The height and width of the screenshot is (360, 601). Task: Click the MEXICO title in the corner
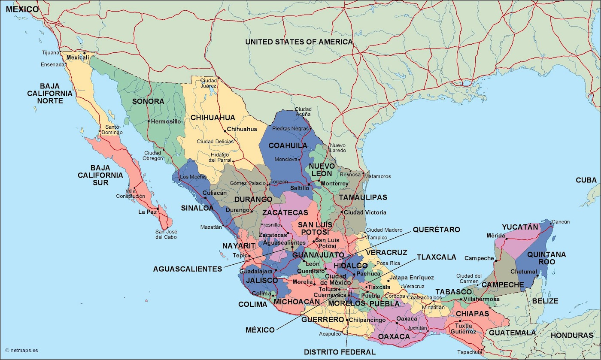pyautogui.click(x=22, y=9)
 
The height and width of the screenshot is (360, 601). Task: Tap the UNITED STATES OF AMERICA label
pyautogui.click(x=299, y=42)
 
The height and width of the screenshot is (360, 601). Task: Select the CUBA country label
pyautogui.click(x=586, y=180)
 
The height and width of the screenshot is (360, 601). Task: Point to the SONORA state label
pyautogui.click(x=148, y=101)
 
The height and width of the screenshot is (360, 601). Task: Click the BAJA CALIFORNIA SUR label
pyautogui.click(x=100, y=175)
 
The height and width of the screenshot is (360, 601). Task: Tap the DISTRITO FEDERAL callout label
pyautogui.click(x=340, y=352)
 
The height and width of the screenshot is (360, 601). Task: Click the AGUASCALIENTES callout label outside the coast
pyautogui.click(x=188, y=269)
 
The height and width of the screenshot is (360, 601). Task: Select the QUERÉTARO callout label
pyautogui.click(x=436, y=230)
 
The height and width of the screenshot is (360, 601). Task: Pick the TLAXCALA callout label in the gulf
pyautogui.click(x=436, y=257)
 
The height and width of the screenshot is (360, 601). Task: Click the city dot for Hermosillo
pyautogui.click(x=149, y=121)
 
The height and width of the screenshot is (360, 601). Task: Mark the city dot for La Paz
pyautogui.click(x=158, y=209)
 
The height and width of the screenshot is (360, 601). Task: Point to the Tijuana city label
pyautogui.click(x=51, y=53)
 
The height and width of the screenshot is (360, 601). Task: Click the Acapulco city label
pyautogui.click(x=330, y=334)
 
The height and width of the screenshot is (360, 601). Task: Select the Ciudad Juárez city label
pyautogui.click(x=209, y=83)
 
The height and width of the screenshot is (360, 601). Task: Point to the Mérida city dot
pyautogui.click(x=507, y=238)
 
